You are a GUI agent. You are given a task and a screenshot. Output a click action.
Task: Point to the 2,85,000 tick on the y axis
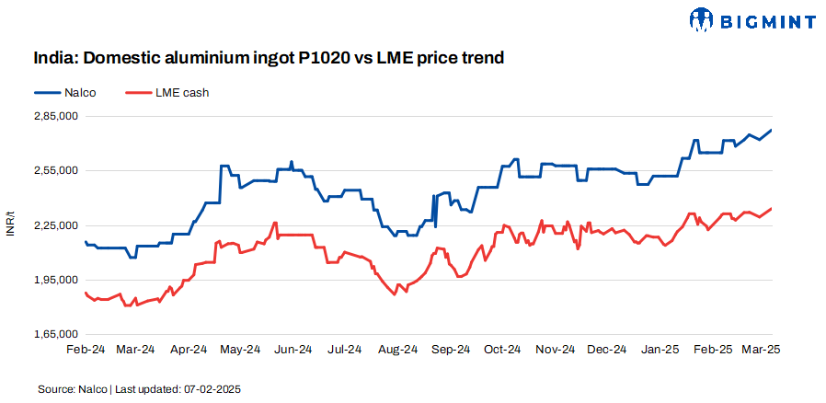(54, 117)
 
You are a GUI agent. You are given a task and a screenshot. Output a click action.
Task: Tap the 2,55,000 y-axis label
(54, 171)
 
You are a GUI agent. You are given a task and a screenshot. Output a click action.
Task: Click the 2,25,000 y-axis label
(54, 225)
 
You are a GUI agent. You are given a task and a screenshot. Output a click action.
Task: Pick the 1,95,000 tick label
(54, 280)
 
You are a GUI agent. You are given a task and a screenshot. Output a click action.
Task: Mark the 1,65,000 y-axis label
(54, 334)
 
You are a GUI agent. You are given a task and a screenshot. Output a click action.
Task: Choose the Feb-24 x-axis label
(85, 350)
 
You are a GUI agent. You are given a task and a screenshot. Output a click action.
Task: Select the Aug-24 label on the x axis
(398, 350)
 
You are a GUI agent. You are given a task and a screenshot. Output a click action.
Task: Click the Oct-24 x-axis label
(503, 350)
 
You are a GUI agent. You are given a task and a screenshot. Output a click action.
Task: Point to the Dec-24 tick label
(607, 350)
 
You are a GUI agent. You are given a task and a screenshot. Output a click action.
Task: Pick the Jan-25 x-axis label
(660, 350)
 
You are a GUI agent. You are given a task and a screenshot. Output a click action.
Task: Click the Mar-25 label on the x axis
(762, 350)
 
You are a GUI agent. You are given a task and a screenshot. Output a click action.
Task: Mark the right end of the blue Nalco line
(771, 130)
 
